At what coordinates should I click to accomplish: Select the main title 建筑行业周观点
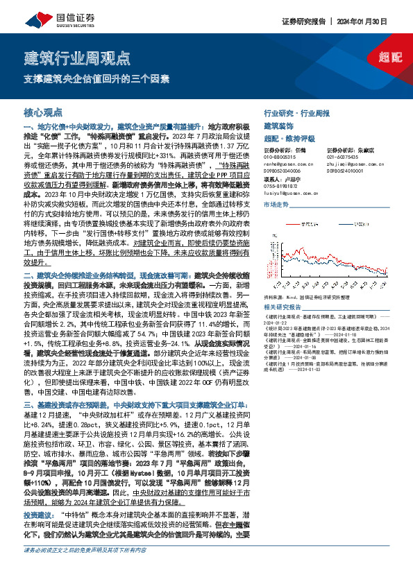tap(77, 55)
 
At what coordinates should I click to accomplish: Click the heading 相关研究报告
tap(282, 307)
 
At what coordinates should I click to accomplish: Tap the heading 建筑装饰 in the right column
tap(278, 126)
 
